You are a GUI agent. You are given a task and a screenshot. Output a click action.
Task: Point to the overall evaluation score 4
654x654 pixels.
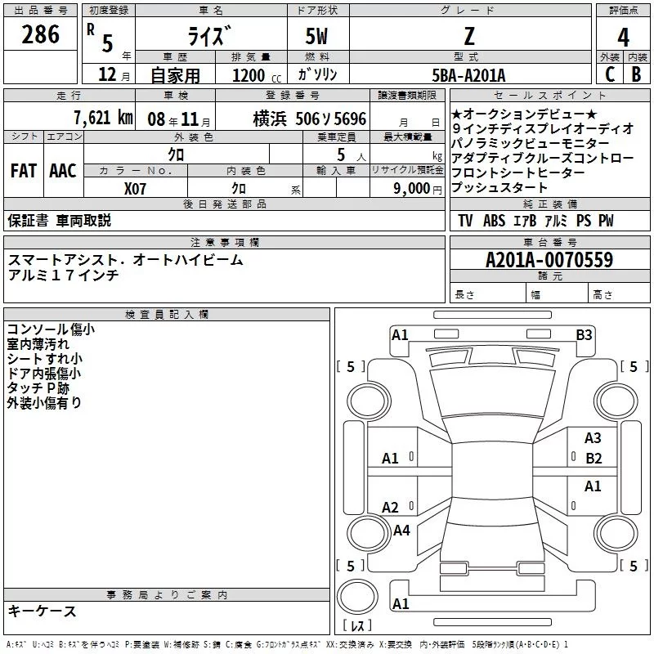pyautogui.click(x=623, y=38)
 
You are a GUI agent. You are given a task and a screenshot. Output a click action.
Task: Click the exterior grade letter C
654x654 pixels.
pyautogui.click(x=609, y=74)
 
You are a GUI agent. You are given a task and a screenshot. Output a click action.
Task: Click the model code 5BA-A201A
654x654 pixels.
pyautogui.click(x=468, y=75)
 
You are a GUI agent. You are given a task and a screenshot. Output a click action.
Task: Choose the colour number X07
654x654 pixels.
pyautogui.click(x=136, y=187)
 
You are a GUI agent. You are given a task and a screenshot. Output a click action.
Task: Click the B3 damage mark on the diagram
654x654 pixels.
pyautogui.click(x=584, y=334)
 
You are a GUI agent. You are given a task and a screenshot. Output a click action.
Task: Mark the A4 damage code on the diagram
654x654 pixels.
pyautogui.click(x=401, y=531)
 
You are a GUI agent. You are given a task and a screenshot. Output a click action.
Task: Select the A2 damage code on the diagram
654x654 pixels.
pyautogui.click(x=391, y=508)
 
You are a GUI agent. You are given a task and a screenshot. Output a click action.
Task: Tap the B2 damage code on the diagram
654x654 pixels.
pyautogui.click(x=594, y=459)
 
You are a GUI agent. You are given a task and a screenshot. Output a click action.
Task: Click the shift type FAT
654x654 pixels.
pyautogui.click(x=23, y=171)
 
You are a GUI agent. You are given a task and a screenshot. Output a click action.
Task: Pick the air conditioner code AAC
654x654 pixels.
pyautogui.click(x=63, y=171)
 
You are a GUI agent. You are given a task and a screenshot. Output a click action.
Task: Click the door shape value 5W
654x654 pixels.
pyautogui.click(x=318, y=36)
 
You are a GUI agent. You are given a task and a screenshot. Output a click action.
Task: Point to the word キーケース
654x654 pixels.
pyautogui.click(x=43, y=611)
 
